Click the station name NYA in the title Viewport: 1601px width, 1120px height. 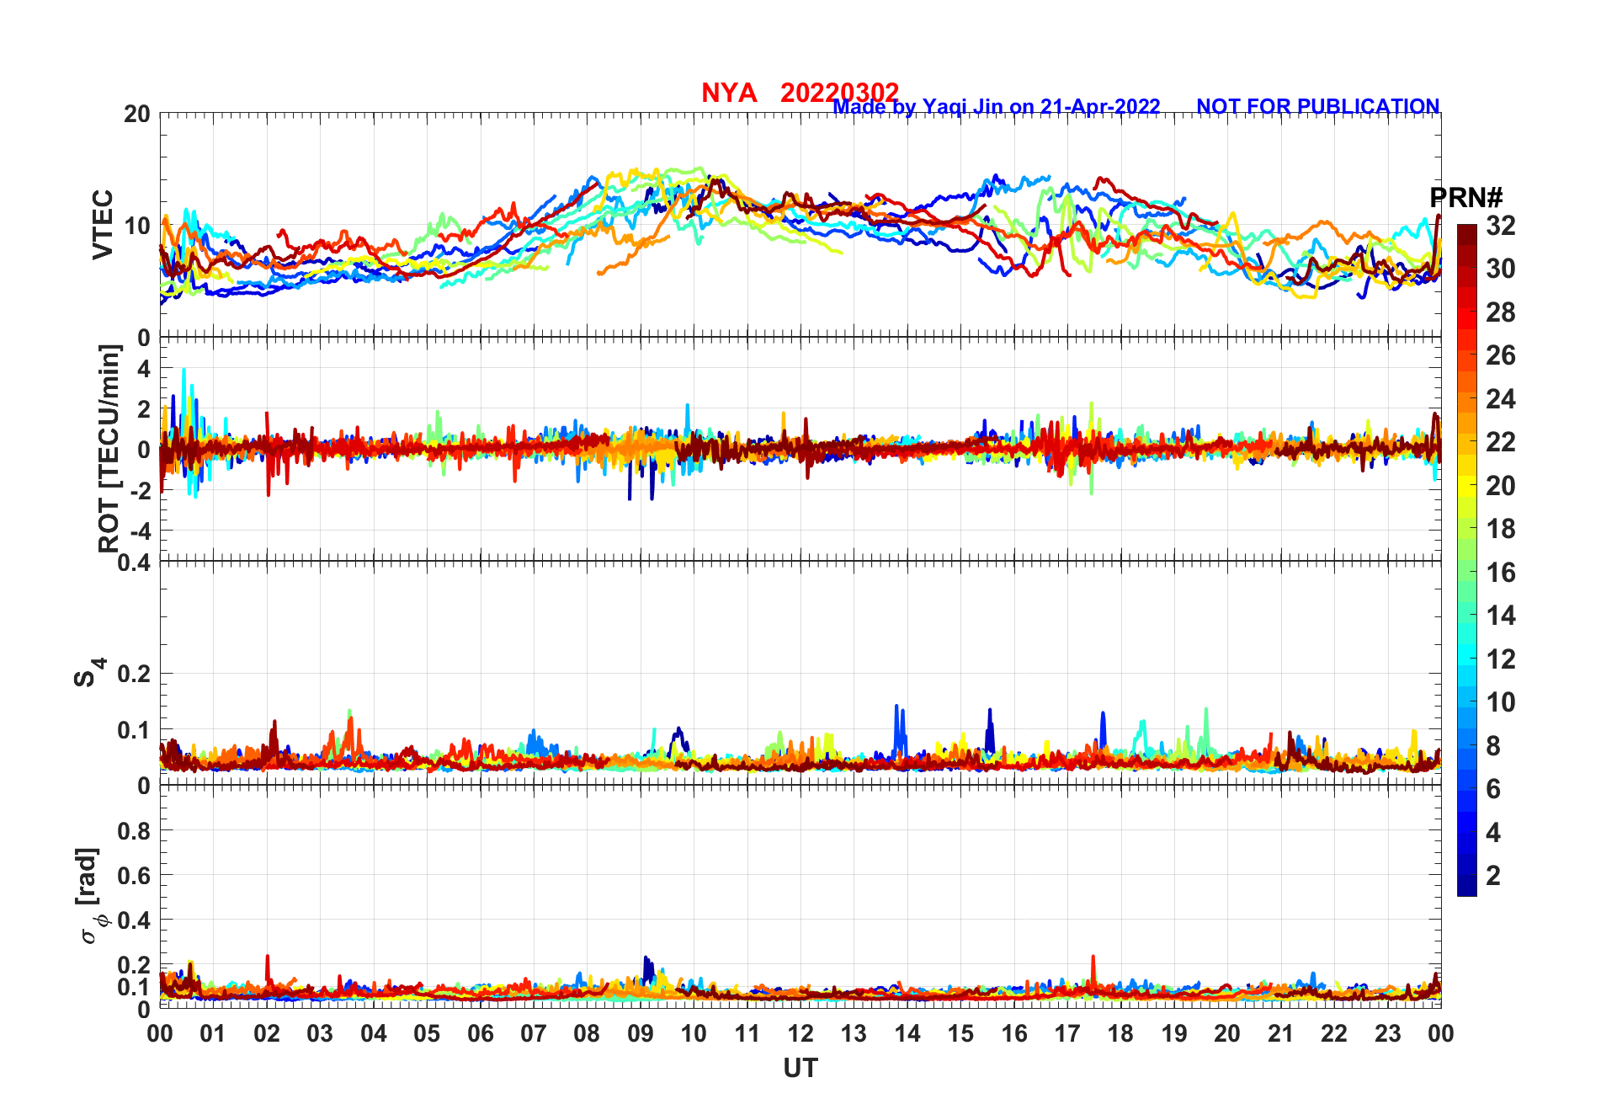coord(729,93)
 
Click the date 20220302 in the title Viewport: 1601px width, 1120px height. coord(839,92)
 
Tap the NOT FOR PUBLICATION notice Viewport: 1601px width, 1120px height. coord(1317,107)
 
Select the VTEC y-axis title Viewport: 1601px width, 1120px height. coord(103,225)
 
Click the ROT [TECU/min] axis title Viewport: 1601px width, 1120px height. coord(109,448)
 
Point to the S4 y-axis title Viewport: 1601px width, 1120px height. coord(87,674)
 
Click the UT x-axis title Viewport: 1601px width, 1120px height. coord(800,1068)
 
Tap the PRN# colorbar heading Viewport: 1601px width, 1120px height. coord(1465,198)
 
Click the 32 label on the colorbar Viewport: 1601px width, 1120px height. coord(1500,226)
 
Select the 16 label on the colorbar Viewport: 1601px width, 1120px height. coord(1500,573)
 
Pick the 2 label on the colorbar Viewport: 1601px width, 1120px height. coord(1493,876)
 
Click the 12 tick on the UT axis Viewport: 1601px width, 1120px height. coord(800,1033)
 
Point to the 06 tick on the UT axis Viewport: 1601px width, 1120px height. coord(480,1033)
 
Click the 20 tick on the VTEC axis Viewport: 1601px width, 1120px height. coord(137,114)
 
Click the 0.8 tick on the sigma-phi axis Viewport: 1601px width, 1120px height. coord(133,830)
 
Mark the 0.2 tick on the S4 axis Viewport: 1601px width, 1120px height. coord(133,674)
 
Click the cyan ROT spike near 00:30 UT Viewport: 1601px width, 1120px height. coord(184,371)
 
